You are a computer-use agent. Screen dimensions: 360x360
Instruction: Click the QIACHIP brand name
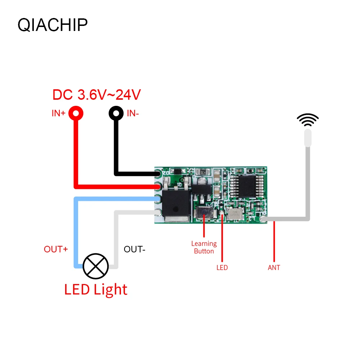53,25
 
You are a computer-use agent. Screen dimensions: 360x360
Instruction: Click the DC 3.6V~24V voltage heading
96,95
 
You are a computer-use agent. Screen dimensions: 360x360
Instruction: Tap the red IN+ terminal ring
76,114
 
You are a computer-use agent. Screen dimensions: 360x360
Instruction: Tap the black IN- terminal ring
116,114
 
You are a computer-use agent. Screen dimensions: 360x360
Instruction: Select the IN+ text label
58,113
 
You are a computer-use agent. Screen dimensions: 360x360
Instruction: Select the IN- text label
133,113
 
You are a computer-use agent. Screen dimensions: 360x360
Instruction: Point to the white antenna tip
307,138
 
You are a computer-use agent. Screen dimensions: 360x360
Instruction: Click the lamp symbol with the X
95,266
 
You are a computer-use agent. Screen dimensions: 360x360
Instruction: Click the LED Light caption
96,289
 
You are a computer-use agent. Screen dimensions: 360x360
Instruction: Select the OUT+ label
56,249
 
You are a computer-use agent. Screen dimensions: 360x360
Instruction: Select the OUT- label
134,249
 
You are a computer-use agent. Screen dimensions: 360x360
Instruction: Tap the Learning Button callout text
204,247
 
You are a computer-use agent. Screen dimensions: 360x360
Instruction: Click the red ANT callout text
274,267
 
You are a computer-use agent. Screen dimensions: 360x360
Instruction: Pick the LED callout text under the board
222,267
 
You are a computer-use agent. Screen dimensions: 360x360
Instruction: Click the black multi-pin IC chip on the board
246,186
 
